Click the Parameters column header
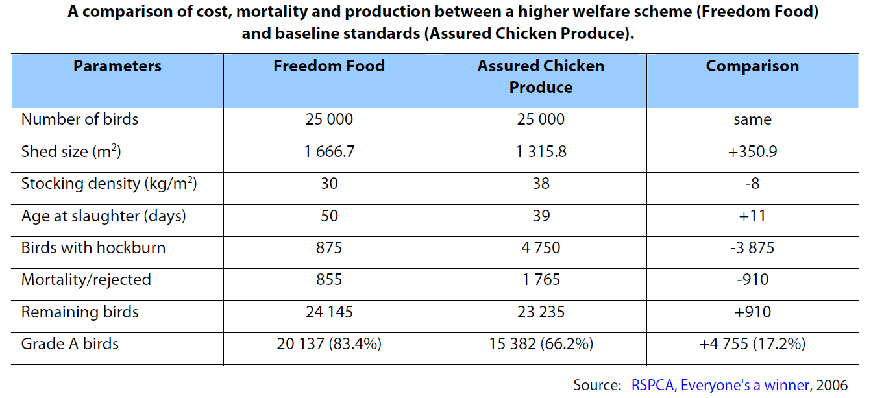click(x=117, y=66)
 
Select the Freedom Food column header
click(x=329, y=66)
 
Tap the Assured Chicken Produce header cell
click(x=541, y=77)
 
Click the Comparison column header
click(x=752, y=66)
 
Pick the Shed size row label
click(x=71, y=152)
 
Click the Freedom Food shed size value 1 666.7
click(x=329, y=152)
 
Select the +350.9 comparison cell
click(x=752, y=152)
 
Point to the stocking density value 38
click(x=541, y=184)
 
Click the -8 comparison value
click(x=752, y=184)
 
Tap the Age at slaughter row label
click(x=104, y=216)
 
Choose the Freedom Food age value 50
click(x=329, y=216)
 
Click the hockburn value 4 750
click(x=541, y=248)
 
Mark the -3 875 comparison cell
click(x=752, y=248)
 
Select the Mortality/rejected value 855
click(x=329, y=280)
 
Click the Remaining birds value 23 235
click(x=541, y=312)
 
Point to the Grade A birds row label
click(x=70, y=344)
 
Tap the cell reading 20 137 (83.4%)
click(x=329, y=344)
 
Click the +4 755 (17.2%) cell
click(x=752, y=344)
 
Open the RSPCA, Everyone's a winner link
click(x=720, y=385)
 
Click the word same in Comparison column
click(x=752, y=120)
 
